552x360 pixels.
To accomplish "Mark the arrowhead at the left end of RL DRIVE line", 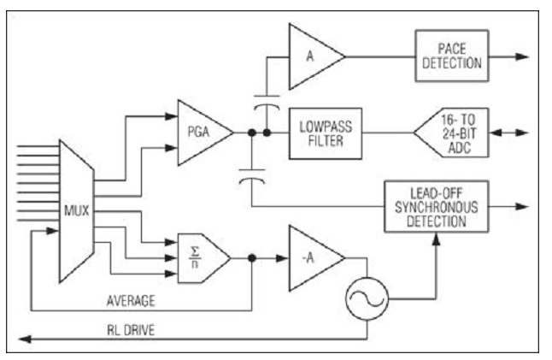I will point(25,339).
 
